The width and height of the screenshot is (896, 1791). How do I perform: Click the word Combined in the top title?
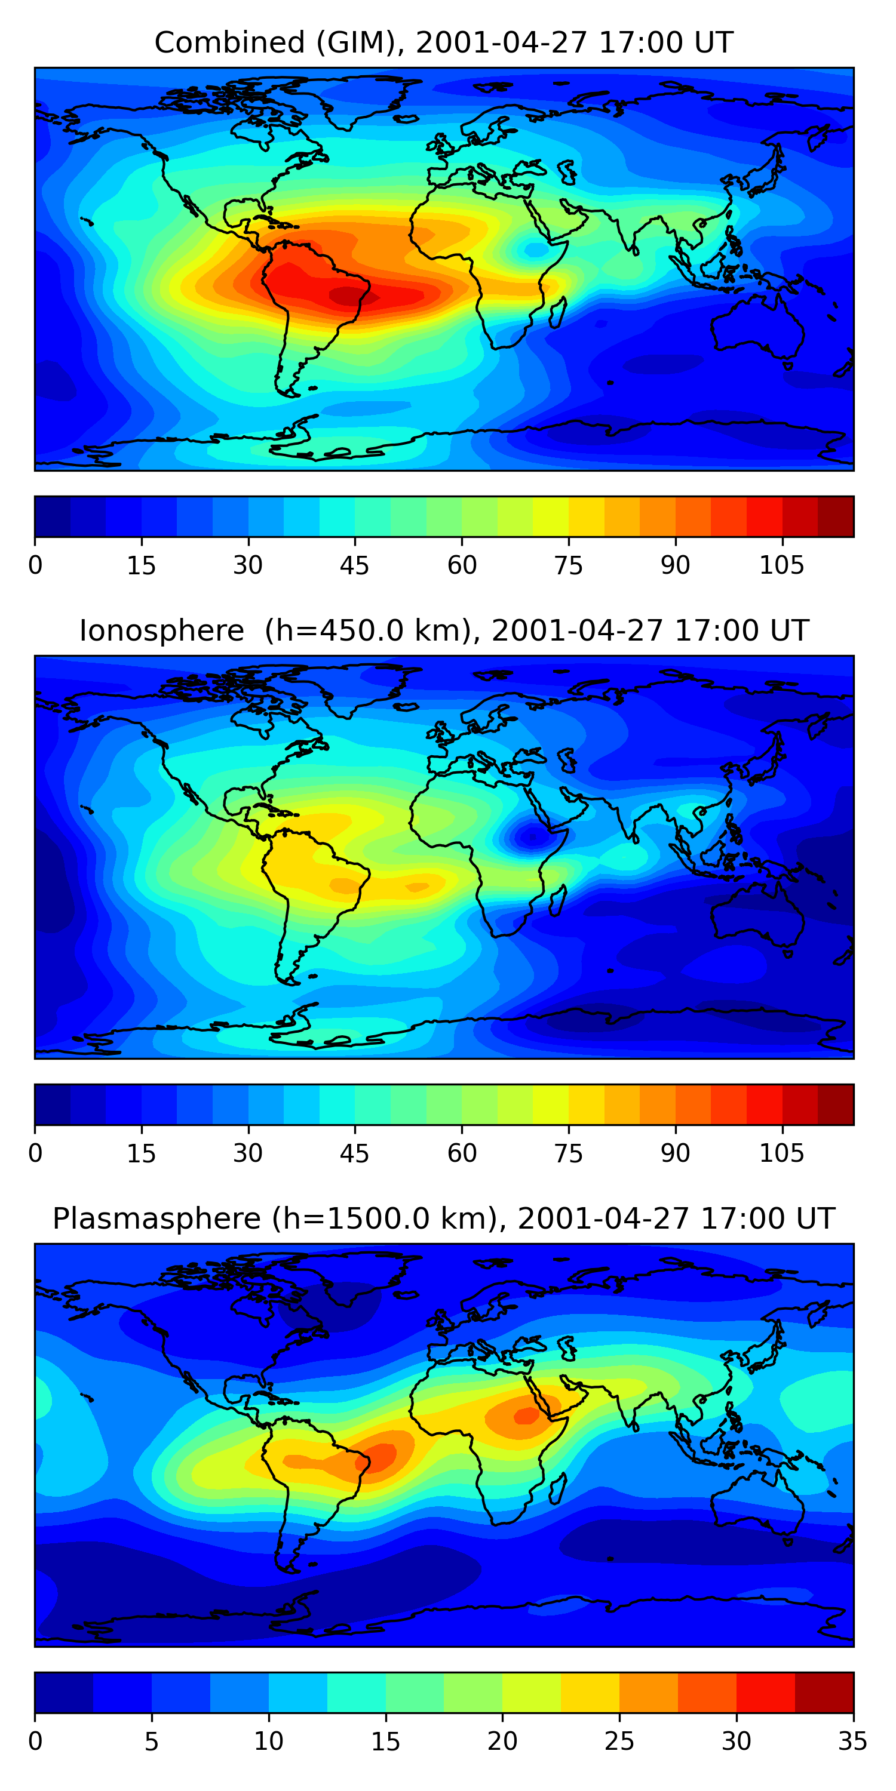click(x=229, y=43)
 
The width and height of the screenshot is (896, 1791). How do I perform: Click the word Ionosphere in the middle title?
click(x=161, y=630)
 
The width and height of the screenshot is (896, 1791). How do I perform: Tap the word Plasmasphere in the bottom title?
click(x=156, y=1219)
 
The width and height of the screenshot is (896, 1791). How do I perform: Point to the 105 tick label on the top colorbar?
click(x=781, y=566)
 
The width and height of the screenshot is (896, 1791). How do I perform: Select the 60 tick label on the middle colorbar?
click(x=462, y=1153)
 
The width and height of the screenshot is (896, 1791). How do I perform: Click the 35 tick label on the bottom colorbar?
click(x=853, y=1741)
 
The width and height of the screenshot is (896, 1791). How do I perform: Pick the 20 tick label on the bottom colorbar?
click(x=502, y=1741)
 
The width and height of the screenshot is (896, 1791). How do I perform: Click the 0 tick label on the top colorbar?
click(x=35, y=566)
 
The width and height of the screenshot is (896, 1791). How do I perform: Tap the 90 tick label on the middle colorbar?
click(x=675, y=1153)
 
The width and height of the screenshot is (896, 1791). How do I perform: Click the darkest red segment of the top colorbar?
click(x=836, y=516)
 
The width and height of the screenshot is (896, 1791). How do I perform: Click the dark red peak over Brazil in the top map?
click(x=348, y=296)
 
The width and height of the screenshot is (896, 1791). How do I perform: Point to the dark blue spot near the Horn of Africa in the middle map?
click(x=532, y=837)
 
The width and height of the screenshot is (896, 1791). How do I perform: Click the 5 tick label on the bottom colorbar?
click(x=152, y=1741)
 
